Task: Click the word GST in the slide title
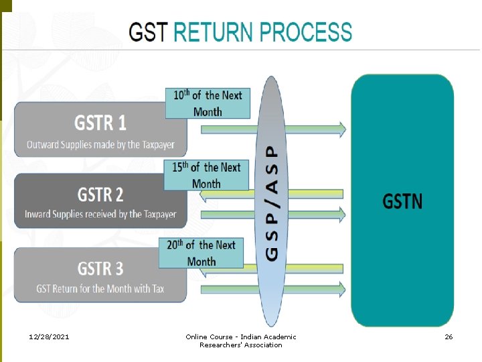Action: click(149, 32)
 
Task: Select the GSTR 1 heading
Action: click(100, 123)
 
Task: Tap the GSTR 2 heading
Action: click(100, 194)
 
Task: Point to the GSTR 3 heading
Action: click(100, 268)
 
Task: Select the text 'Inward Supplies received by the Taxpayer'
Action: click(100, 215)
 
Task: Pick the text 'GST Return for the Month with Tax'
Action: click(100, 289)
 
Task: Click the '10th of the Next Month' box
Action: click(208, 103)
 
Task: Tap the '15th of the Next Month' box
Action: click(206, 175)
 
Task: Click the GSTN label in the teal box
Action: click(402, 200)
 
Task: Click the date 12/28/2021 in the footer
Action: click(50, 337)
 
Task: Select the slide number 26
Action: click(449, 337)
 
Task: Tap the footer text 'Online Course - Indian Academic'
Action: click(240, 337)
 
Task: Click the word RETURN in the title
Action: click(214, 32)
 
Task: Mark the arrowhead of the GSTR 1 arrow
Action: click(341, 129)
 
